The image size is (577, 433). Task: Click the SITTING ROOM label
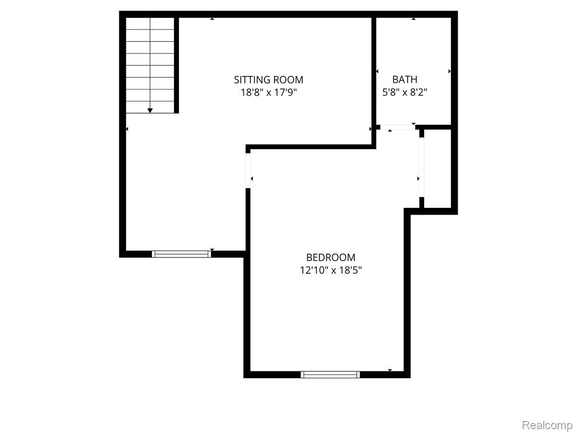coord(268,80)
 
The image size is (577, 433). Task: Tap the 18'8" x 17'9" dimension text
coord(268,92)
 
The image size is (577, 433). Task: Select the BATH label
coord(405,80)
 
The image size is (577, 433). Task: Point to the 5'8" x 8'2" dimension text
coord(405,92)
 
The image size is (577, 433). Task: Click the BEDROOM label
coord(331,258)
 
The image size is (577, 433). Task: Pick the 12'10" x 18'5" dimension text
coord(331,270)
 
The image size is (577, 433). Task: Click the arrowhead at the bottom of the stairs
coord(150,111)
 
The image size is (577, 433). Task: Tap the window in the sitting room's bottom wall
coord(182,254)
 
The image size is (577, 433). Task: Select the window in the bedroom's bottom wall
coord(331,374)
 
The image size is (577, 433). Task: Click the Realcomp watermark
coord(547,425)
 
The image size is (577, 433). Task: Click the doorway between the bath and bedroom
coord(397,127)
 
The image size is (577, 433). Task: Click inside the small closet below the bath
coord(438,168)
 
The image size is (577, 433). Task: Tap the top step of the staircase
coord(150,24)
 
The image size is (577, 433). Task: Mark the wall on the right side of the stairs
coord(177,65)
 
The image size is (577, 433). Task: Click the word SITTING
coord(251,80)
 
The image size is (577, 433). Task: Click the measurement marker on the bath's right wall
coord(450,71)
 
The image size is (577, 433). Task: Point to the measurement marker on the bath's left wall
coord(376,71)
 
